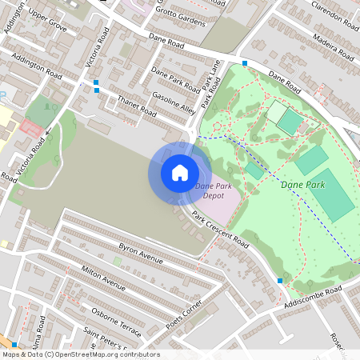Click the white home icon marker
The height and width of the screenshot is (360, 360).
click(x=180, y=173)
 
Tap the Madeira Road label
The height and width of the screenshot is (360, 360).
click(x=328, y=47)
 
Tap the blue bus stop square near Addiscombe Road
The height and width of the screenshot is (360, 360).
click(x=280, y=281)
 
